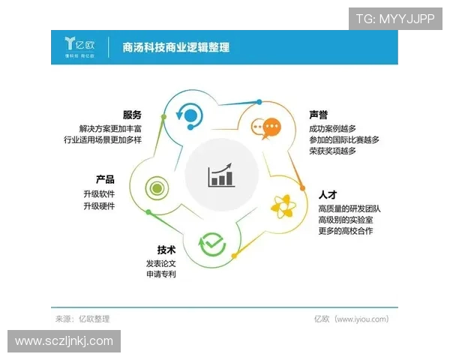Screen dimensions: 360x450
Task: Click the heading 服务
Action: pyautogui.click(x=132, y=115)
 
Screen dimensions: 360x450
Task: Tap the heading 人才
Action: pyautogui.click(x=328, y=194)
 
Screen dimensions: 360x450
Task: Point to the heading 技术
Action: pyautogui.click(x=166, y=250)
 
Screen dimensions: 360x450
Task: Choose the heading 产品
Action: pyautogui.click(x=105, y=179)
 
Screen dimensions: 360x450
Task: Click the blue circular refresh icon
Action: pyautogui.click(x=189, y=115)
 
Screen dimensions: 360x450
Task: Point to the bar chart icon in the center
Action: pyautogui.click(x=221, y=176)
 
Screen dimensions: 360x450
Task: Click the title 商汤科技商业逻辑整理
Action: pyautogui.click(x=175, y=47)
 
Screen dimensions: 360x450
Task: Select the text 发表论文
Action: pyautogui.click(x=160, y=263)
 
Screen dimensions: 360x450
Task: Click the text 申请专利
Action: pyautogui.click(x=160, y=275)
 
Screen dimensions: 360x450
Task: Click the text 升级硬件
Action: pyautogui.click(x=99, y=205)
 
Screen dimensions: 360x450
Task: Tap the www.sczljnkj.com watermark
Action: pyautogui.click(x=64, y=341)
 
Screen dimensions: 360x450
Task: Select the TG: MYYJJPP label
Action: pyautogui.click(x=394, y=19)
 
